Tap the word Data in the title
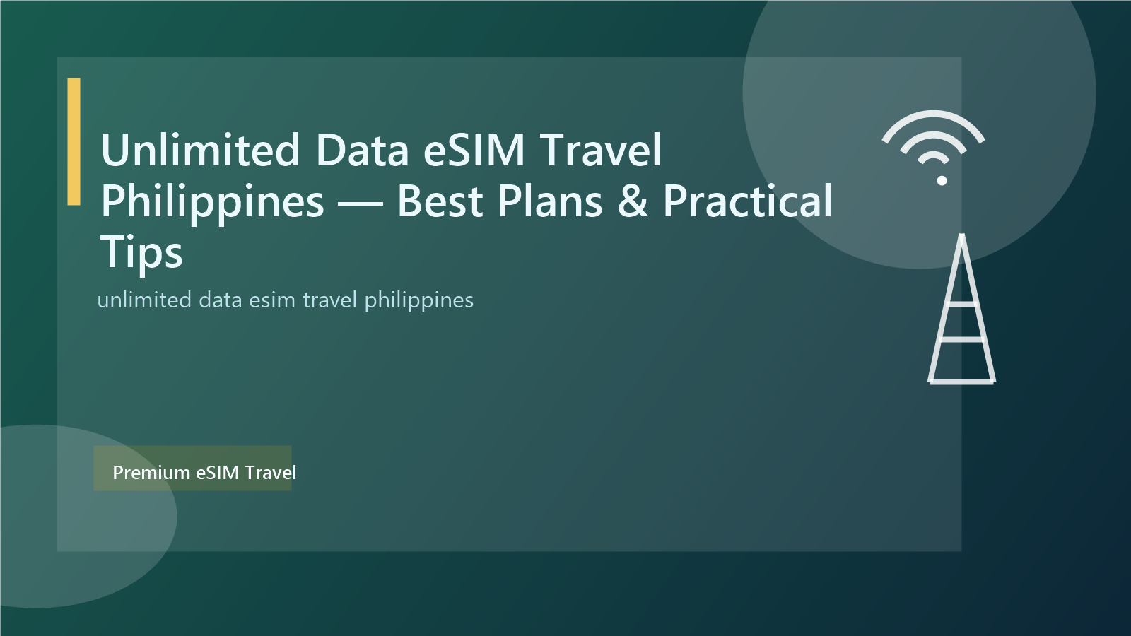pyautogui.click(x=362, y=151)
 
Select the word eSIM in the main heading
pyautogui.click(x=474, y=151)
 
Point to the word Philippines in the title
pyautogui.click(x=212, y=202)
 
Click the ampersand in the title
pyautogui.click(x=633, y=202)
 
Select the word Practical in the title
pyautogui.click(x=747, y=202)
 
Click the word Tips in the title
pyautogui.click(x=141, y=253)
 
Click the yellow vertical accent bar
pyautogui.click(x=74, y=141)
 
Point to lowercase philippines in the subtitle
pyautogui.click(x=418, y=300)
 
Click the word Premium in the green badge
pyautogui.click(x=151, y=473)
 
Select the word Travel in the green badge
pyautogui.click(x=271, y=473)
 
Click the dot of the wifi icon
pyautogui.click(x=942, y=180)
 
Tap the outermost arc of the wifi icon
pyautogui.click(x=933, y=114)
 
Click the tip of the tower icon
pyautogui.click(x=961, y=237)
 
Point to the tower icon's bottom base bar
pyautogui.click(x=961, y=382)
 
